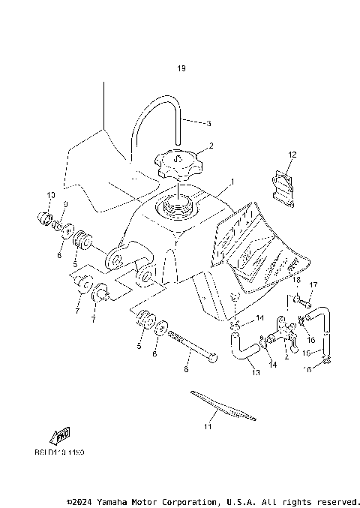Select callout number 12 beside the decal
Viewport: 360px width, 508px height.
click(292, 155)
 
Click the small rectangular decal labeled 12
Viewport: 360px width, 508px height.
click(281, 185)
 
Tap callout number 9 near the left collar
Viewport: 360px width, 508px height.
click(66, 205)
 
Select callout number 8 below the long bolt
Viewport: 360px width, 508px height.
click(187, 369)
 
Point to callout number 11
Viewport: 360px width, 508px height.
click(208, 427)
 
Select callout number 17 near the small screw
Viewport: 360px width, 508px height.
click(314, 284)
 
